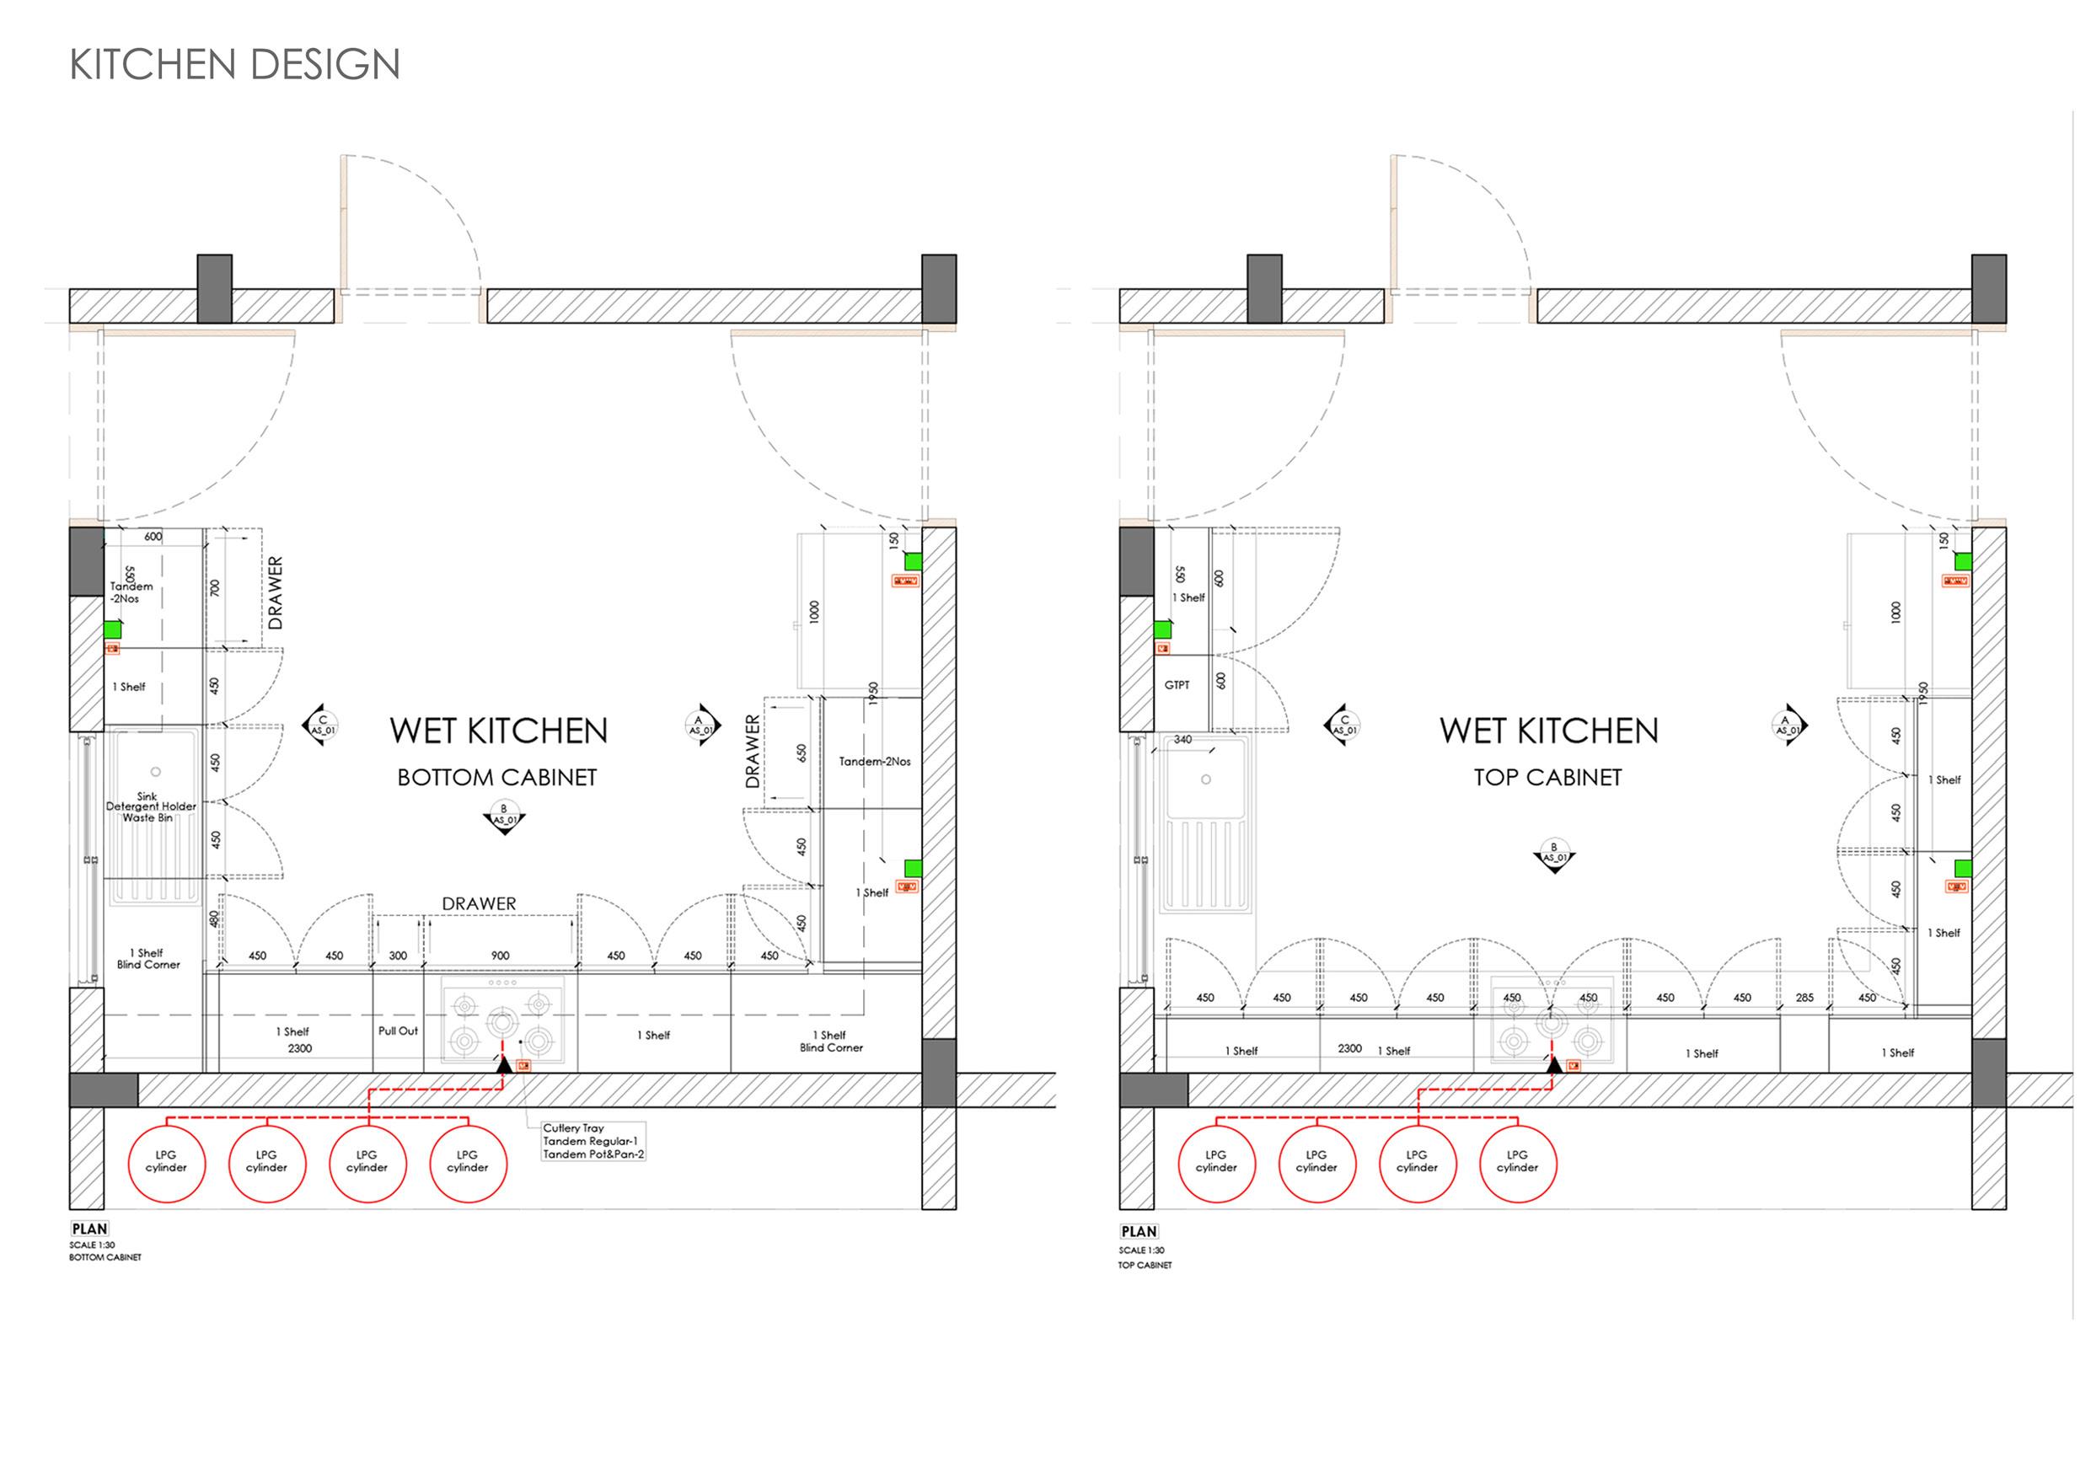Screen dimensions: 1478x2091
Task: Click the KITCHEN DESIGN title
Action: pyautogui.click(x=235, y=65)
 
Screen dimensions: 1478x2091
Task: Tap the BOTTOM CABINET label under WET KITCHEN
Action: pyautogui.click(x=497, y=778)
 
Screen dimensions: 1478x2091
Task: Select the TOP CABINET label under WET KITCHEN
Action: pyautogui.click(x=1548, y=778)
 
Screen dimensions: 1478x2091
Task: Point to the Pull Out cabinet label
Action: pyautogui.click(x=398, y=1031)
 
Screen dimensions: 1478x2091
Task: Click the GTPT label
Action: pyautogui.click(x=1177, y=685)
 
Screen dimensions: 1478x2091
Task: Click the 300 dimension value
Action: pyautogui.click(x=398, y=956)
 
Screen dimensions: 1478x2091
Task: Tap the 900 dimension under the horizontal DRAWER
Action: pyautogui.click(x=500, y=956)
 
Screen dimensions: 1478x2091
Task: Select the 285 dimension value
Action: pyautogui.click(x=1804, y=998)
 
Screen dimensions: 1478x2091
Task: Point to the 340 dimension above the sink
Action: pyautogui.click(x=1182, y=740)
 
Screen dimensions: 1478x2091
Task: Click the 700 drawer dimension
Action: pyautogui.click(x=216, y=588)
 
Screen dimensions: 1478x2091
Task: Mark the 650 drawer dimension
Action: pyautogui.click(x=802, y=753)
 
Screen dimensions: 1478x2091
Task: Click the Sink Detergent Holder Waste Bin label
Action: pyautogui.click(x=150, y=807)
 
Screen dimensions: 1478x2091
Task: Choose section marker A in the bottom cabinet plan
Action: pyautogui.click(x=700, y=726)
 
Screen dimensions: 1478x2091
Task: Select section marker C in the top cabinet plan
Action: pyautogui.click(x=1343, y=726)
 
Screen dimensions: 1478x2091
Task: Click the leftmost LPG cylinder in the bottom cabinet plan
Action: pyautogui.click(x=167, y=1163)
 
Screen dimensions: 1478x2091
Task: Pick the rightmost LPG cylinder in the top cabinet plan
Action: pyautogui.click(x=1517, y=1163)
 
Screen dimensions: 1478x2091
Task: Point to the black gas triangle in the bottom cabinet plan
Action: pyautogui.click(x=502, y=1062)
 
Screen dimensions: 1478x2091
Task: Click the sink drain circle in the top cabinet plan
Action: pyautogui.click(x=1206, y=779)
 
